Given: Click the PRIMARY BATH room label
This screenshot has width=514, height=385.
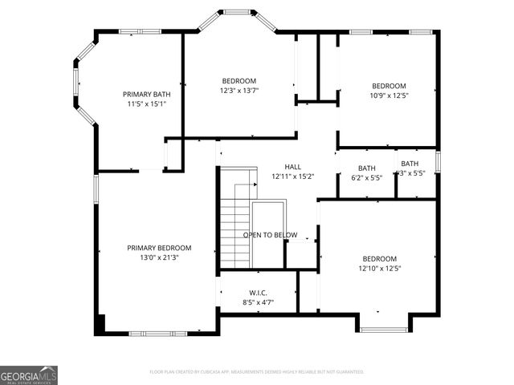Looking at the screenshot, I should pyautogui.click(x=146, y=94).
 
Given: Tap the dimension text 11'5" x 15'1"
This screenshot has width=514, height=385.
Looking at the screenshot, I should pyautogui.click(x=146, y=104).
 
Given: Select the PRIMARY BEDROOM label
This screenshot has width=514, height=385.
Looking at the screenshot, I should pyautogui.click(x=159, y=248).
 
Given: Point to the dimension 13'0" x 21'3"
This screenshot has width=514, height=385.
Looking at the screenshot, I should pyautogui.click(x=159, y=258).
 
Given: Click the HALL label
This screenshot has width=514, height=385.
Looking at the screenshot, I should pyautogui.click(x=281, y=166).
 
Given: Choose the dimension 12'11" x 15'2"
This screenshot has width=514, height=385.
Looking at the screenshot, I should pyautogui.click(x=281, y=176).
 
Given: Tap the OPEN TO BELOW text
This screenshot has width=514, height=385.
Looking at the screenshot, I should pyautogui.click(x=271, y=235).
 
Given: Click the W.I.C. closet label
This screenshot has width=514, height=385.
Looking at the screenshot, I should pyautogui.click(x=258, y=293).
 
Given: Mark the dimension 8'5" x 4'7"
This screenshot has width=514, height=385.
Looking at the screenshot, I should pyautogui.click(x=258, y=303).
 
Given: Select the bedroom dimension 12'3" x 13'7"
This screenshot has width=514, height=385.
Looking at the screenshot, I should pyautogui.click(x=239, y=91).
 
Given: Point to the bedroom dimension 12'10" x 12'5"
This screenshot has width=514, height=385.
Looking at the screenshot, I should pyautogui.click(x=379, y=269).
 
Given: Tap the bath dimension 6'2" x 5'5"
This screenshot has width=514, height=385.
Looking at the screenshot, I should pyautogui.click(x=366, y=178).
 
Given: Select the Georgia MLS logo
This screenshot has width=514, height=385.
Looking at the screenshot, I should pyautogui.click(x=29, y=375).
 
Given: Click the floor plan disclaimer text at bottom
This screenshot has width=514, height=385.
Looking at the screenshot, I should pyautogui.click(x=257, y=372).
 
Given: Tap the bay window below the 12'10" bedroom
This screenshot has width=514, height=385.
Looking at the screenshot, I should pyautogui.click(x=383, y=329).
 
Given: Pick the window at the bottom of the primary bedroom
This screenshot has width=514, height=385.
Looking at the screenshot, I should pyautogui.click(x=158, y=333).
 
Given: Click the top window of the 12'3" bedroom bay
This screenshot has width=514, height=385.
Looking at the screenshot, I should pyautogui.click(x=238, y=12).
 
